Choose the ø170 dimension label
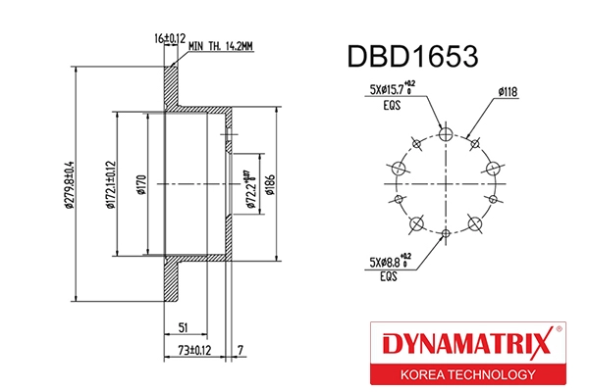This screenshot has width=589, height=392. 140,185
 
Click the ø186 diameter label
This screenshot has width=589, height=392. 281,184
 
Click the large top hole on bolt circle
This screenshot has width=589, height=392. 445,134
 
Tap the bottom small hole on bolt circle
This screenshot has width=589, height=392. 445,233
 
